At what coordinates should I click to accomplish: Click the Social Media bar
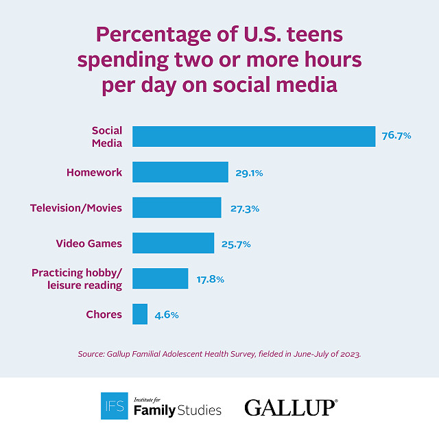coord(254,137)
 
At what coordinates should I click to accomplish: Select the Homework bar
coord(180,172)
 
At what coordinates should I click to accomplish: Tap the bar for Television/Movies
coord(176,208)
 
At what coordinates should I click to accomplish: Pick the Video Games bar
coord(173,243)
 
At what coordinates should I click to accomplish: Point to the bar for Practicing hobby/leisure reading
coord(160,278)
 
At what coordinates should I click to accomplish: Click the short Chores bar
coord(140,314)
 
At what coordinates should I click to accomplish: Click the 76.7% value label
coord(396,136)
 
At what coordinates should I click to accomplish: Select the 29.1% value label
coord(249,173)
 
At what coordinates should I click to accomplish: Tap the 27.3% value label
coord(243,209)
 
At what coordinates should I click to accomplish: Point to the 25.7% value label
coord(235,244)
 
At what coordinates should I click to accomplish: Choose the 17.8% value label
coord(210,279)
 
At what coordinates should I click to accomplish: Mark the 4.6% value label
coord(167,315)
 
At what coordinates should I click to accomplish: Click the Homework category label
coord(94,172)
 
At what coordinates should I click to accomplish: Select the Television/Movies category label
coord(76,208)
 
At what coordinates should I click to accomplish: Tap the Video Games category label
coord(89,243)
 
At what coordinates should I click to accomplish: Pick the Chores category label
coord(104,314)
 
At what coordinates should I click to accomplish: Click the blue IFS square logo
coord(114,405)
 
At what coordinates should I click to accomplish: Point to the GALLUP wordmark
coord(291,407)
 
